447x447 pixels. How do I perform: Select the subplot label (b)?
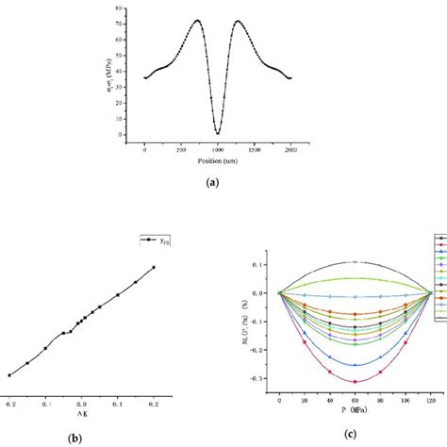pos(96,437)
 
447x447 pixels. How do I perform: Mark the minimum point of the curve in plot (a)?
pos(218,133)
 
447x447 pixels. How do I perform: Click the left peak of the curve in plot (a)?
pos(197,20)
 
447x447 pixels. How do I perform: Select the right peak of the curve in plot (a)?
pos(237,21)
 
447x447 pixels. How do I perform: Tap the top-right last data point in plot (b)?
pos(154,267)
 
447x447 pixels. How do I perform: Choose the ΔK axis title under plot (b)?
pos(83,410)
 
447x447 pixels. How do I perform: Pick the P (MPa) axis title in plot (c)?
pos(355,412)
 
